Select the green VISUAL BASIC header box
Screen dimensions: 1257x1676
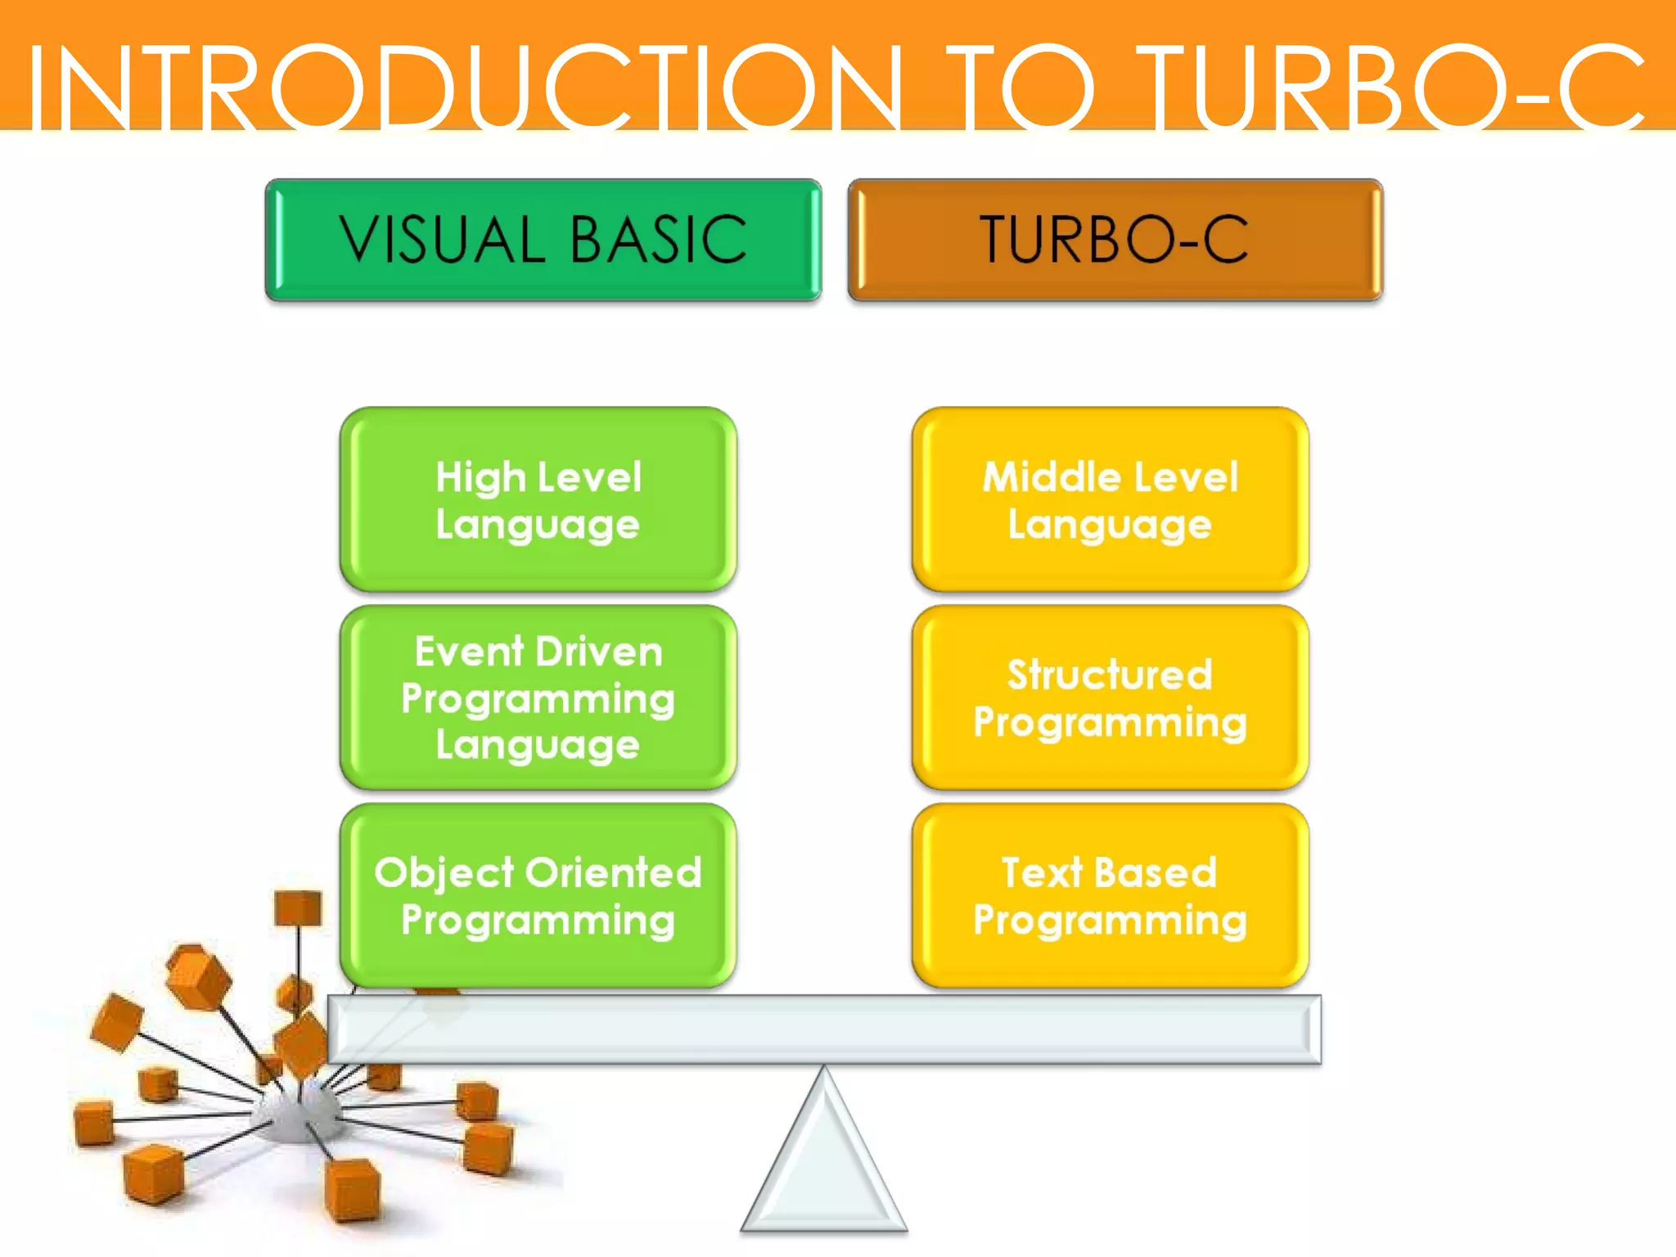click(x=543, y=240)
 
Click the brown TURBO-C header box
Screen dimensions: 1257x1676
click(x=1115, y=240)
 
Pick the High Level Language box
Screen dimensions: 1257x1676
click(x=538, y=499)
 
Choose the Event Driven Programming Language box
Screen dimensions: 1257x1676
click(x=538, y=697)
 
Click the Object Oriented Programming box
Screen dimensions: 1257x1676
click(x=538, y=895)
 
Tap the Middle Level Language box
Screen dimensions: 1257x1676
click(x=1110, y=499)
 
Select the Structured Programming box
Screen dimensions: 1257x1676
click(x=1110, y=697)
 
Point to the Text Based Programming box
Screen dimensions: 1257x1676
click(x=1110, y=895)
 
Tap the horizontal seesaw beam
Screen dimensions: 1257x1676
click(x=824, y=1029)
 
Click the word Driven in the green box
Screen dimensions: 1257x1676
click(x=600, y=652)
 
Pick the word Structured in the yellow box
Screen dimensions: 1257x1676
click(x=1110, y=675)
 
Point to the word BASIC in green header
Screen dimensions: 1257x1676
click(x=658, y=240)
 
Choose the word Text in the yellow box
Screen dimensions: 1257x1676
click(x=1042, y=872)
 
